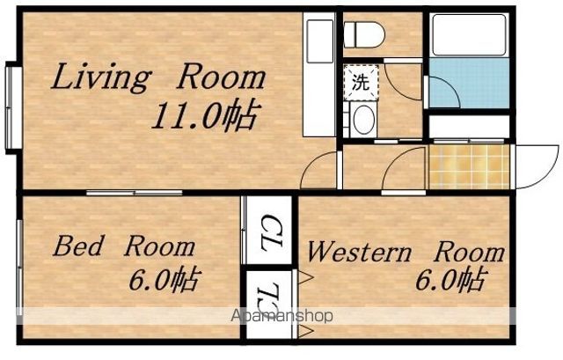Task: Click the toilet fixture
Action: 364,34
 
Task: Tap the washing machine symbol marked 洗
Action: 361,82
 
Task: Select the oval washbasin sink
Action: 364,120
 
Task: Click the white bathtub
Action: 469,35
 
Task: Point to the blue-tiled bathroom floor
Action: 469,83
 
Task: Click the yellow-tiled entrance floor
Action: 469,166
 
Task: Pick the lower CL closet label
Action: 270,298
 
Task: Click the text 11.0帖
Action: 205,115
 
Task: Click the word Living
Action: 101,78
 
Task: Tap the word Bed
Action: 77,246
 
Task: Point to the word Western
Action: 359,253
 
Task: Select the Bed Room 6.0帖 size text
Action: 164,280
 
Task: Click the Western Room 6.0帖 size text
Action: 451,280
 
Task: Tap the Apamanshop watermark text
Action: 281,316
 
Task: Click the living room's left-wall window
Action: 13,107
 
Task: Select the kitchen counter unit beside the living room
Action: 319,75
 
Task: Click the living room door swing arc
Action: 315,162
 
